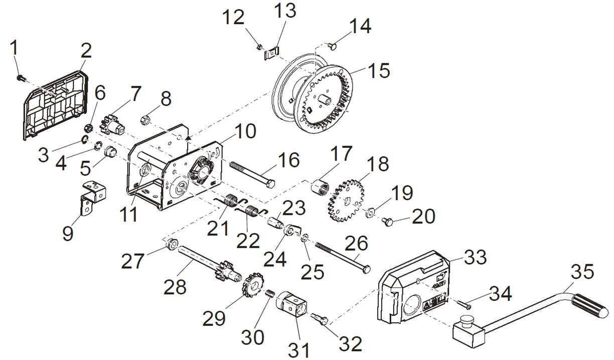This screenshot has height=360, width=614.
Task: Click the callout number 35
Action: click(582, 272)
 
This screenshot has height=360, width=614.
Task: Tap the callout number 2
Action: click(86, 50)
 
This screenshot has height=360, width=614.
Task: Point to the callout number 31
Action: click(300, 349)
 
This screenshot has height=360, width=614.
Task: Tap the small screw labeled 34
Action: click(464, 302)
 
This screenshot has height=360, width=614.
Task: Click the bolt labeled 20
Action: click(387, 221)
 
